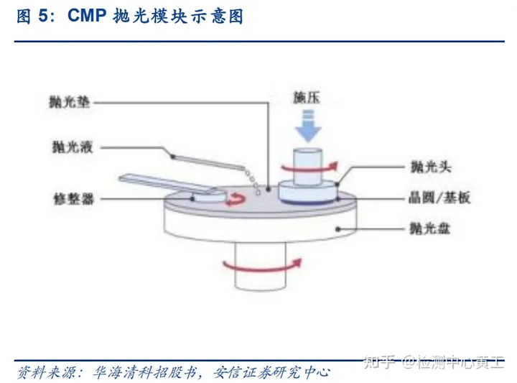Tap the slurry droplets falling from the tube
[252, 180]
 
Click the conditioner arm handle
[147, 179]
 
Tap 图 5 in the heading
[33, 17]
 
